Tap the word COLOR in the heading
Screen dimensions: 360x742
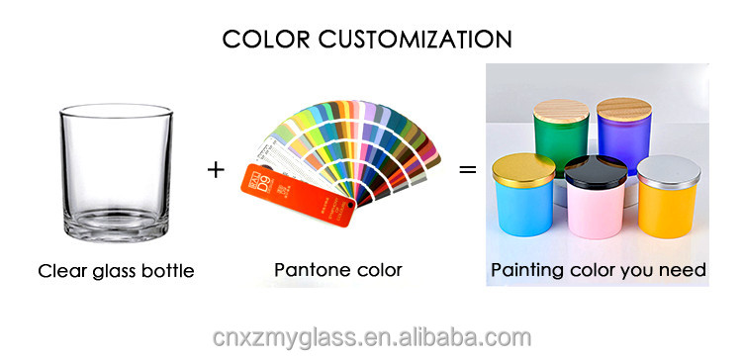[x=259, y=39]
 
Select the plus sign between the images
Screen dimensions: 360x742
[x=216, y=169]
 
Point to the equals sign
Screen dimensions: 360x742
[x=467, y=169]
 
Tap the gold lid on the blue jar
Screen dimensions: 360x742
[x=525, y=168]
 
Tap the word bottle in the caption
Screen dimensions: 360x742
[x=170, y=270]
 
